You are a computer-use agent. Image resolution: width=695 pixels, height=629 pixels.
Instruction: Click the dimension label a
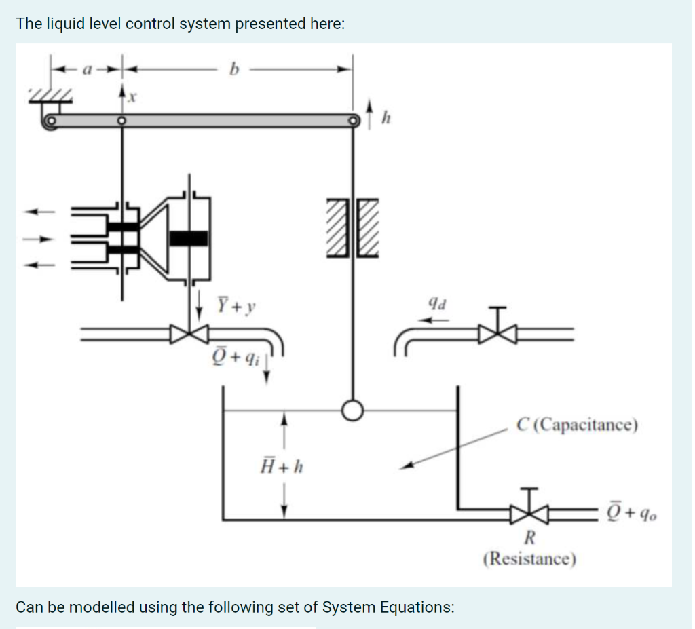pyautogui.click(x=86, y=69)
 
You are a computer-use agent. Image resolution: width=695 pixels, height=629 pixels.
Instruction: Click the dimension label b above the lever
pyautogui.click(x=236, y=69)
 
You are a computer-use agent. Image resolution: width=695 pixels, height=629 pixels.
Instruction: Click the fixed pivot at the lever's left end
pyautogui.click(x=49, y=123)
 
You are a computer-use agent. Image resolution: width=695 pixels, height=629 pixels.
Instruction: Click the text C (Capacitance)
pyautogui.click(x=577, y=425)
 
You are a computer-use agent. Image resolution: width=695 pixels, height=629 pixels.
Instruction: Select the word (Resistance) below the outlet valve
pyautogui.click(x=529, y=559)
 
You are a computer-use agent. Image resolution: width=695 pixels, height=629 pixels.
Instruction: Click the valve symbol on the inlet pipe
pyautogui.click(x=190, y=332)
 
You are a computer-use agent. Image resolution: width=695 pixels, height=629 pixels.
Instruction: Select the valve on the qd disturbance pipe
pyautogui.click(x=498, y=332)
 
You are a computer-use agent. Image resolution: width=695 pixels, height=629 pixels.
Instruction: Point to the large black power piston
pyautogui.click(x=188, y=237)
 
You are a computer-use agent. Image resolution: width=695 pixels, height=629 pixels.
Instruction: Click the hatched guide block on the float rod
pyautogui.click(x=352, y=228)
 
